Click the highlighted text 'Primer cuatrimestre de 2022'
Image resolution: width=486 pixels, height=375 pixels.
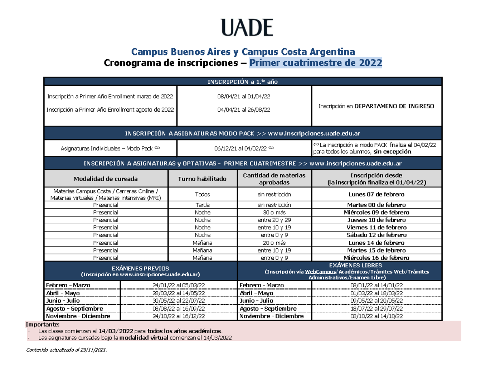click(x=315, y=63)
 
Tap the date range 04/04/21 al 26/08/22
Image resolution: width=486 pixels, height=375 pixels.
click(x=244, y=109)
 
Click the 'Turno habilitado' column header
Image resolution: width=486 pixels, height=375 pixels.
click(x=202, y=179)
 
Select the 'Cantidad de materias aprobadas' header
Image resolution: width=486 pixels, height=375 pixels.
click(x=274, y=179)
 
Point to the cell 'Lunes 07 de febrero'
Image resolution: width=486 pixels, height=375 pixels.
click(x=376, y=194)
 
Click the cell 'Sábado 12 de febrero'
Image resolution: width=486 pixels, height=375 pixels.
click(x=376, y=235)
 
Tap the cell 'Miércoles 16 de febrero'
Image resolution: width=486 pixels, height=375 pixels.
click(x=376, y=258)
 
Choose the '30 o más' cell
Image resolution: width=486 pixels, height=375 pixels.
click(x=274, y=212)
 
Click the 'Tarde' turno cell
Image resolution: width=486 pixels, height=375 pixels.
click(x=202, y=205)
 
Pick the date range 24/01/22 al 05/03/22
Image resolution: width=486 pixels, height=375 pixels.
click(x=179, y=285)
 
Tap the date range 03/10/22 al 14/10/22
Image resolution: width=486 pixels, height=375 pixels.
click(x=376, y=316)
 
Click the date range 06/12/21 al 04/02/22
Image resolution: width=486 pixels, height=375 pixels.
click(x=244, y=148)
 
